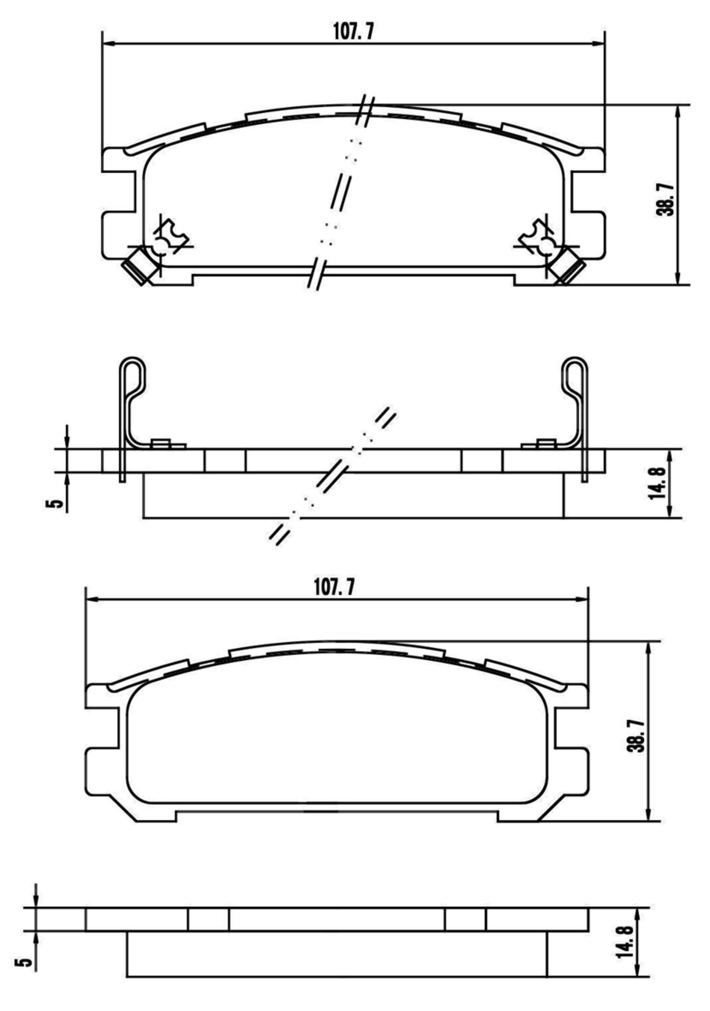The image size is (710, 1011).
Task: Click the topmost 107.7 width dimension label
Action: (353, 32)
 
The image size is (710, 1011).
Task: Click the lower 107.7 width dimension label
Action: (334, 587)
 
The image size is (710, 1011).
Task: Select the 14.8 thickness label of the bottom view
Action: (624, 942)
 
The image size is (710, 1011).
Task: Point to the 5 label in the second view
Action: (55, 503)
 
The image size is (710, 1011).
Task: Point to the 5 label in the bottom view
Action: (24, 962)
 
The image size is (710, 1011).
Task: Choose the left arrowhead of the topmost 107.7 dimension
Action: (108, 44)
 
